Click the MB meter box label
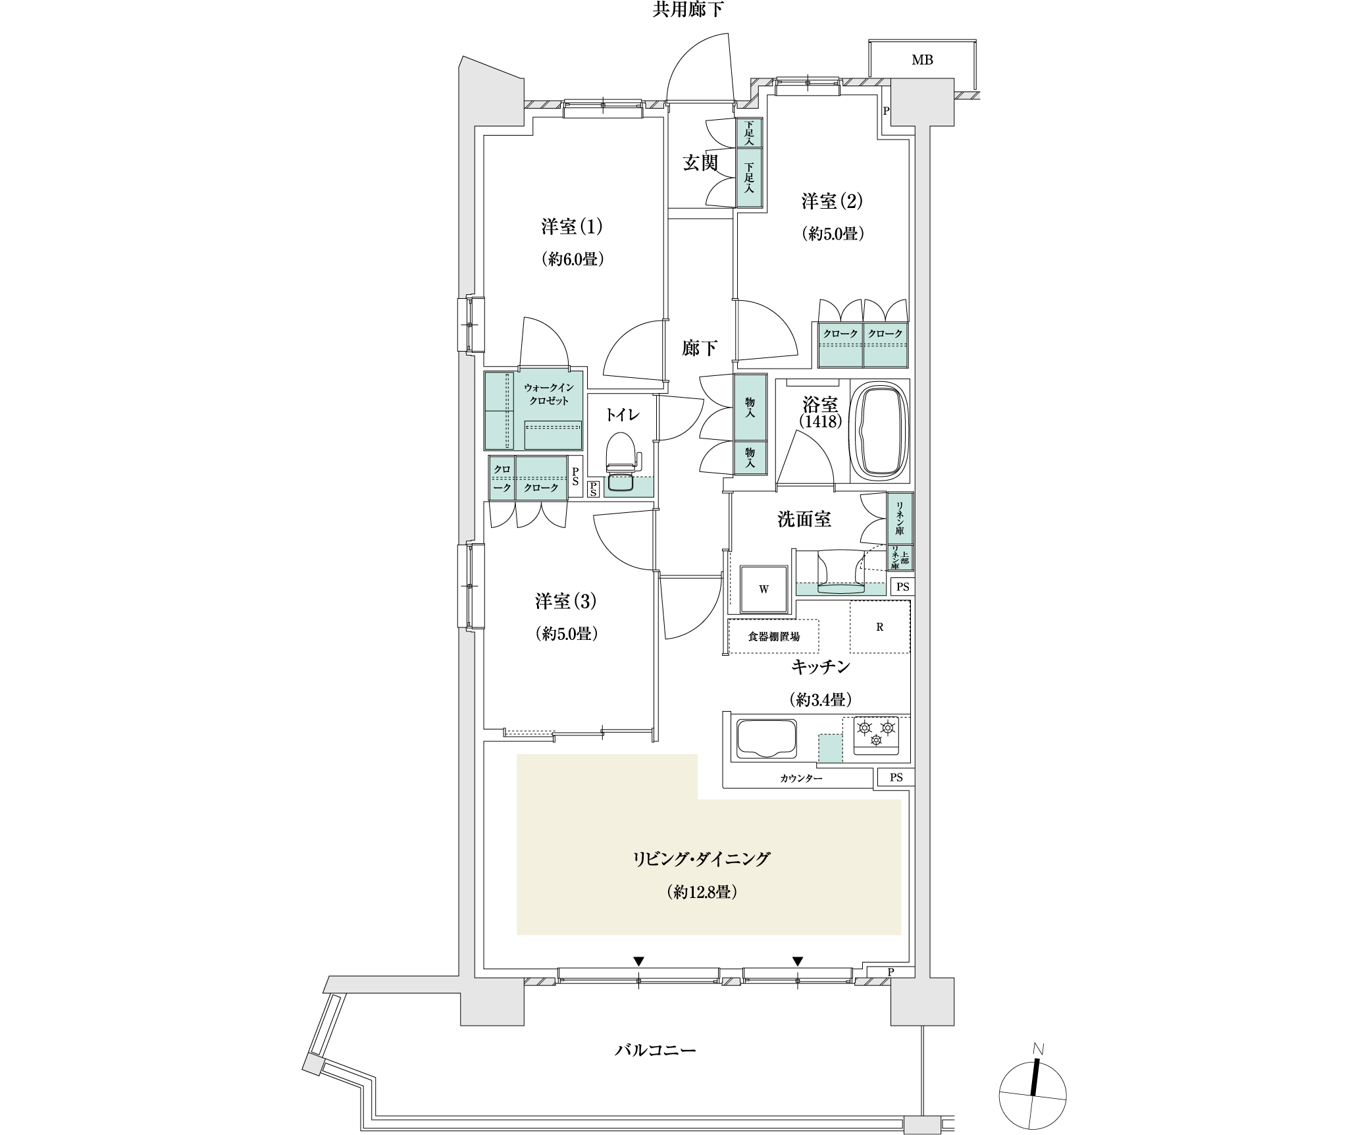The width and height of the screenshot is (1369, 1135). pos(922,60)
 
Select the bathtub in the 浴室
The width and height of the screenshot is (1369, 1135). pos(879,433)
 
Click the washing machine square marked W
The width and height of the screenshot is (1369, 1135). pos(763,589)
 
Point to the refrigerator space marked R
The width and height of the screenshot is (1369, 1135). pos(879,627)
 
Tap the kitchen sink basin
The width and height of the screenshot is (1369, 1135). pos(766,739)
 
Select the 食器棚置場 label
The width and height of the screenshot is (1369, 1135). pos(774,637)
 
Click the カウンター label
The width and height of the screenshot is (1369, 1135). pos(801,778)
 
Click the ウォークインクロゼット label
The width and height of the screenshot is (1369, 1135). pos(549,394)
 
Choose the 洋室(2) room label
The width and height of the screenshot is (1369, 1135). pos(832,201)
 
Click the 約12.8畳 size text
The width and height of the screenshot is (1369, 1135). pos(700,893)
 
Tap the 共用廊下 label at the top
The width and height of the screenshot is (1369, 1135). pos(688,10)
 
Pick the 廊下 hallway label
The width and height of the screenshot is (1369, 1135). pos(700,348)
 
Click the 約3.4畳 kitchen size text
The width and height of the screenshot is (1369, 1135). pos(817,700)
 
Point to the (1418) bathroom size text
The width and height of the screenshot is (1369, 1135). pos(821,421)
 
